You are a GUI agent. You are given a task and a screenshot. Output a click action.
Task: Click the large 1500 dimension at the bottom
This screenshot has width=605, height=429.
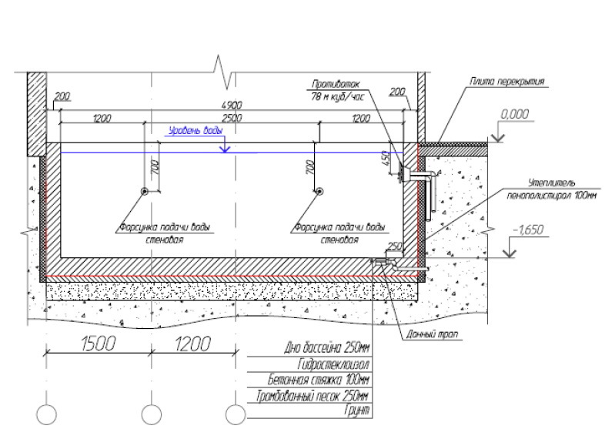pyautogui.click(x=98, y=344)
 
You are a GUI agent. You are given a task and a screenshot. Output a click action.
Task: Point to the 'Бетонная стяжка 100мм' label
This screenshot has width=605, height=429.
pyautogui.click(x=318, y=380)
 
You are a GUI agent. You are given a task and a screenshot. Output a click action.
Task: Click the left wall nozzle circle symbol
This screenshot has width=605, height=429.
pyautogui.click(x=144, y=193)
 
